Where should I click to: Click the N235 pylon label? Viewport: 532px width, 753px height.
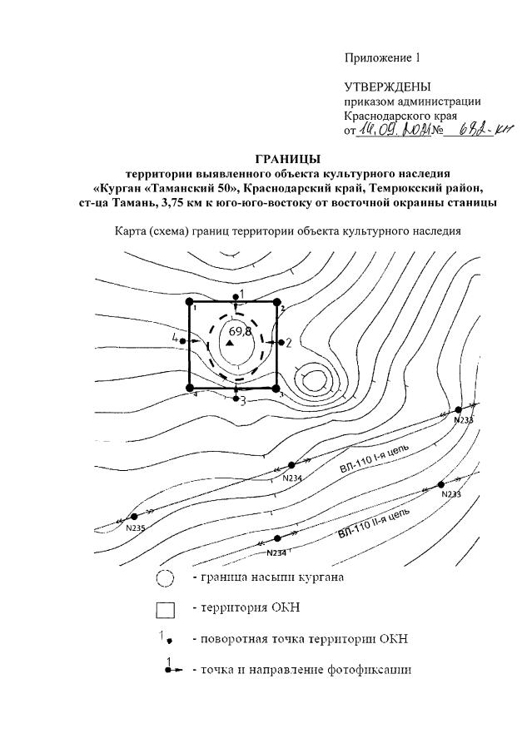(136, 528)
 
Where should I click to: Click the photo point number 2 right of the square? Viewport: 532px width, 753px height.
(289, 343)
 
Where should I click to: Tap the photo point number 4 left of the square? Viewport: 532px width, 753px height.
(176, 339)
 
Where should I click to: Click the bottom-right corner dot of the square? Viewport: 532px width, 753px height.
(276, 387)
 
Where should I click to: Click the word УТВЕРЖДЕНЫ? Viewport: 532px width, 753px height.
(388, 87)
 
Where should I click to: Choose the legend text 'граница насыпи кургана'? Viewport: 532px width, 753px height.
(268, 577)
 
